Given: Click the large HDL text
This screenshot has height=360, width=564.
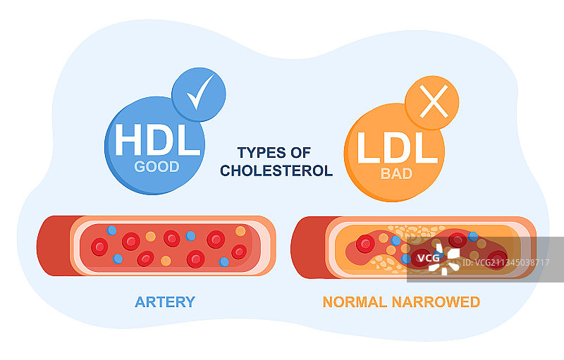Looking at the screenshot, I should point(157,141).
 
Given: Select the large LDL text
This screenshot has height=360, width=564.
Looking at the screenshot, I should point(393,147).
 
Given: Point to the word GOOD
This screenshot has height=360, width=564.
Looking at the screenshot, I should point(157,167).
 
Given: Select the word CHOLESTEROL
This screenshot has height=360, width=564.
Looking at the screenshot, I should point(276,170).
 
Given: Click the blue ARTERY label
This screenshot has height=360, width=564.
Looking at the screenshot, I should point(165,302).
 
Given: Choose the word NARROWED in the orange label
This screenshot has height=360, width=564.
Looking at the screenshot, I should point(439,302).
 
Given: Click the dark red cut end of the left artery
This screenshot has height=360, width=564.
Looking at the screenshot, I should point(53,245).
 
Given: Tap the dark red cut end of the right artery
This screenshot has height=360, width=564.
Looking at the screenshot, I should point(307,247).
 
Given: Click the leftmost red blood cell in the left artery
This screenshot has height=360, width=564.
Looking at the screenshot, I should point(100,247).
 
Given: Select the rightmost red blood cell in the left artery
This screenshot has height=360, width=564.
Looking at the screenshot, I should point(239,252).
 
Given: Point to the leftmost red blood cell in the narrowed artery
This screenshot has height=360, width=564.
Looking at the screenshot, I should point(365,244).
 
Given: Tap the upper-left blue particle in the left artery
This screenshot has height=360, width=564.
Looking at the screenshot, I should point(111,230).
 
